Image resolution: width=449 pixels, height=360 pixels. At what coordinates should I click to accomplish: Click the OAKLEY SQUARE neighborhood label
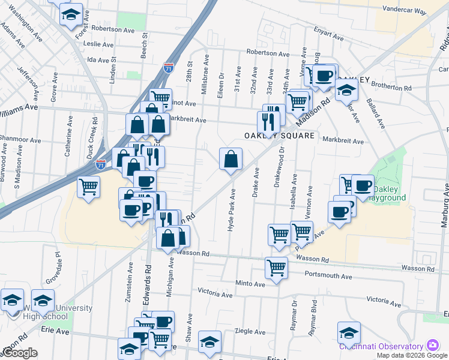point(279,136)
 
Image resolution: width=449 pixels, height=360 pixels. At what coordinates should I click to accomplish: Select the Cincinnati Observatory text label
point(381,346)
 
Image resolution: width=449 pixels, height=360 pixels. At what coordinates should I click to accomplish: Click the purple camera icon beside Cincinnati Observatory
point(432,346)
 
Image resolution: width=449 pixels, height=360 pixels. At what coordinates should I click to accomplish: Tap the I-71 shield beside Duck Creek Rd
point(102,163)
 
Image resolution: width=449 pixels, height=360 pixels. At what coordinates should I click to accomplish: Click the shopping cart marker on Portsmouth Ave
point(276,268)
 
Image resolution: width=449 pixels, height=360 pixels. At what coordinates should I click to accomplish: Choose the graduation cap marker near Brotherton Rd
point(346,89)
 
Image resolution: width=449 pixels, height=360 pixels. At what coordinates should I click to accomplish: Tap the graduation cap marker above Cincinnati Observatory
point(349,332)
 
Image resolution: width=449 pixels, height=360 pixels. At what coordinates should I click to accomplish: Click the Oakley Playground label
point(390,193)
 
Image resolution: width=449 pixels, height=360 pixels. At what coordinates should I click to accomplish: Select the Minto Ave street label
point(250,283)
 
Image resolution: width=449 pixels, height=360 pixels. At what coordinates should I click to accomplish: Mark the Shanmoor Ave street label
point(20,140)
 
